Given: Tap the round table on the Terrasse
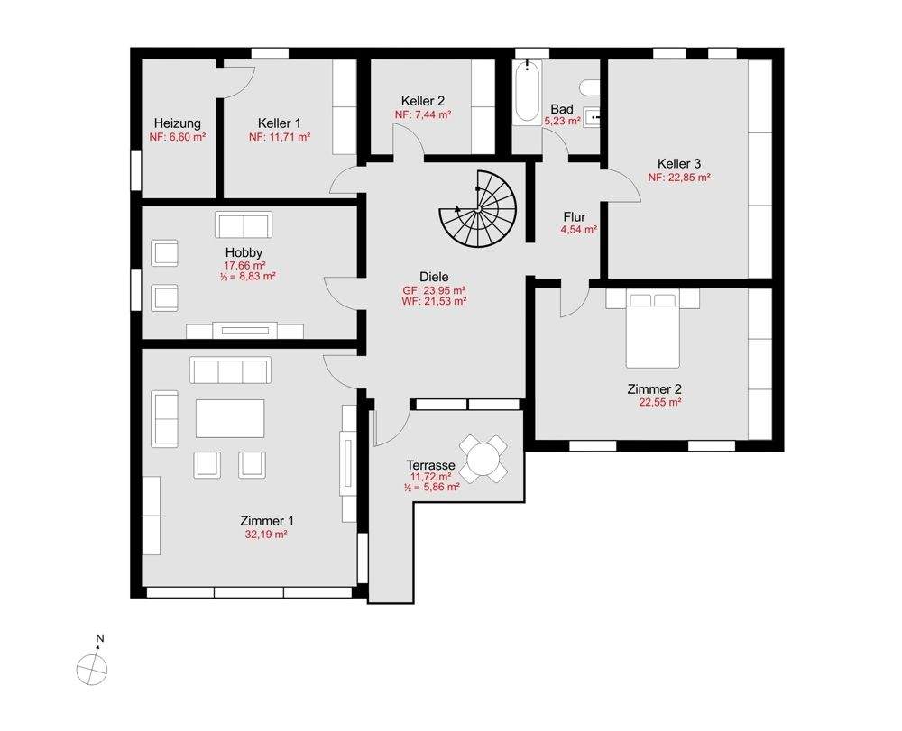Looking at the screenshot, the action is (483, 459).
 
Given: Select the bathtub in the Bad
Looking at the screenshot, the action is (527, 91).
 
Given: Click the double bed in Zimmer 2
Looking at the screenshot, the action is (652, 331).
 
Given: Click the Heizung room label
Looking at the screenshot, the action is (178, 123).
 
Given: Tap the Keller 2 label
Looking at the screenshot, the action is (423, 101).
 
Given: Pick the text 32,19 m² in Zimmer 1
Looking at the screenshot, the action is (266, 534).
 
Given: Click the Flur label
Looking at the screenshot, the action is (575, 216).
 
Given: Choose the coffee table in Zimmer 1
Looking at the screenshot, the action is (230, 418).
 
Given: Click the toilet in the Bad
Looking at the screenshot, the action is (590, 88).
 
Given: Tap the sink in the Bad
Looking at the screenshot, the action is (592, 117).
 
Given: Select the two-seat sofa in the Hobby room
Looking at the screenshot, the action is (244, 224).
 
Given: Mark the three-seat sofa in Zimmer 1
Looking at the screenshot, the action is (230, 370).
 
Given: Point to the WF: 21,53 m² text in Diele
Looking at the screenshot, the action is (435, 300).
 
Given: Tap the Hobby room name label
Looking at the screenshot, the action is (244, 252).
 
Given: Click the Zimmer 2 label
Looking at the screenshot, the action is (654, 389).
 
